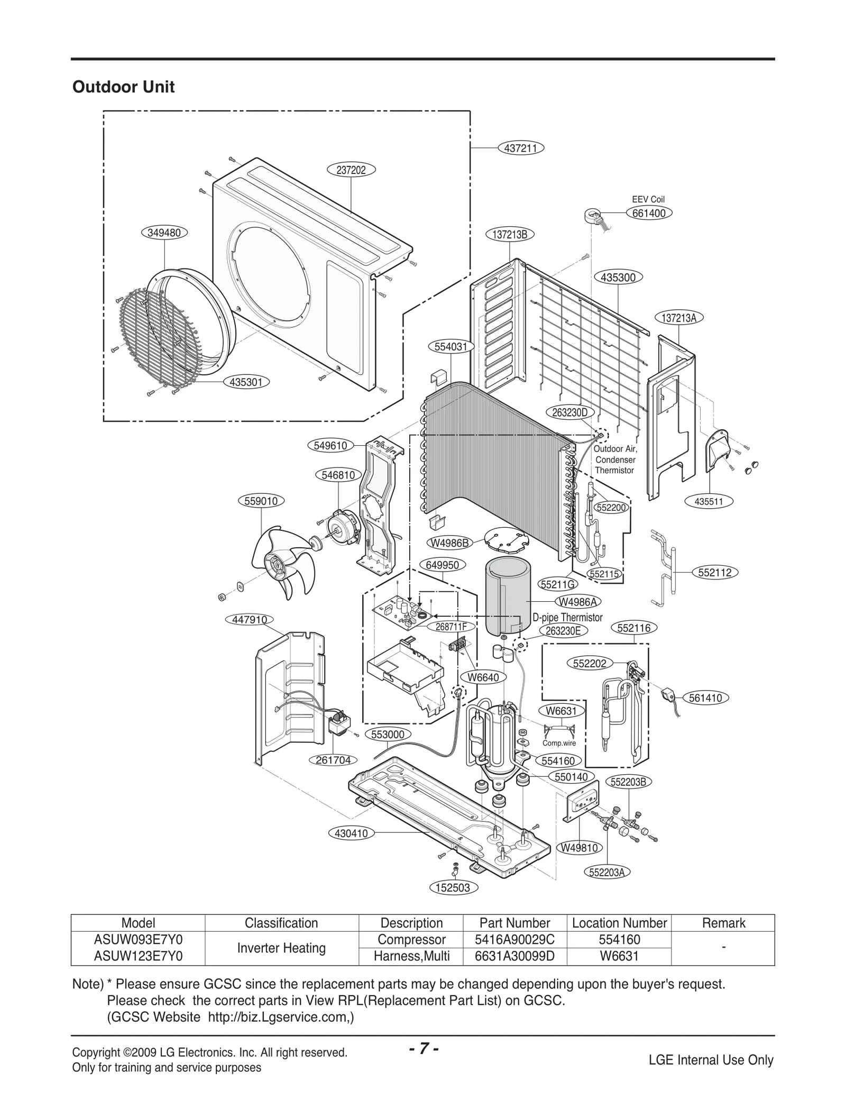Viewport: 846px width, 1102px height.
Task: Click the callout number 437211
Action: point(521,149)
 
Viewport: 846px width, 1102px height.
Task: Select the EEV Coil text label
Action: point(648,199)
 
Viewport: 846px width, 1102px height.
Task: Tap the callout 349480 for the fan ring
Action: point(164,232)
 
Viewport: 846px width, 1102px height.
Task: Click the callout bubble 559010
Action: point(261,501)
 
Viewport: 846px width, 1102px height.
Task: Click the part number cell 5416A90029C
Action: point(514,940)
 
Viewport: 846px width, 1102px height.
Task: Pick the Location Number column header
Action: point(619,923)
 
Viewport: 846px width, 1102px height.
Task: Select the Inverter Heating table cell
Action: point(281,948)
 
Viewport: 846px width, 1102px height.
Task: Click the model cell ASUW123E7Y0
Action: point(138,956)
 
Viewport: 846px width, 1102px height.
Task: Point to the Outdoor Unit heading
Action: point(123,87)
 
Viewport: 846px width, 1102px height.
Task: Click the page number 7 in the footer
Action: point(423,1049)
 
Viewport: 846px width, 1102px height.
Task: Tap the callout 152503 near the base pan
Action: point(453,888)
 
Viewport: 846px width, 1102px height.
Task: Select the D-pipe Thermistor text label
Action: point(567,617)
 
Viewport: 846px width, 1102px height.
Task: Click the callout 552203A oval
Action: point(607,873)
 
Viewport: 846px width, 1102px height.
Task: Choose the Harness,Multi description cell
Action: point(411,956)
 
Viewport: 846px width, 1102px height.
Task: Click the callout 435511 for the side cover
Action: point(709,502)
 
